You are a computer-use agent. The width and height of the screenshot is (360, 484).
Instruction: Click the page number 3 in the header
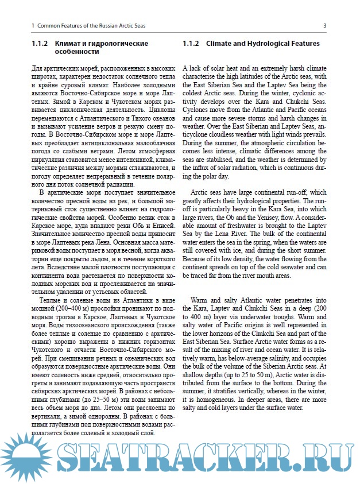point(325,26)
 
